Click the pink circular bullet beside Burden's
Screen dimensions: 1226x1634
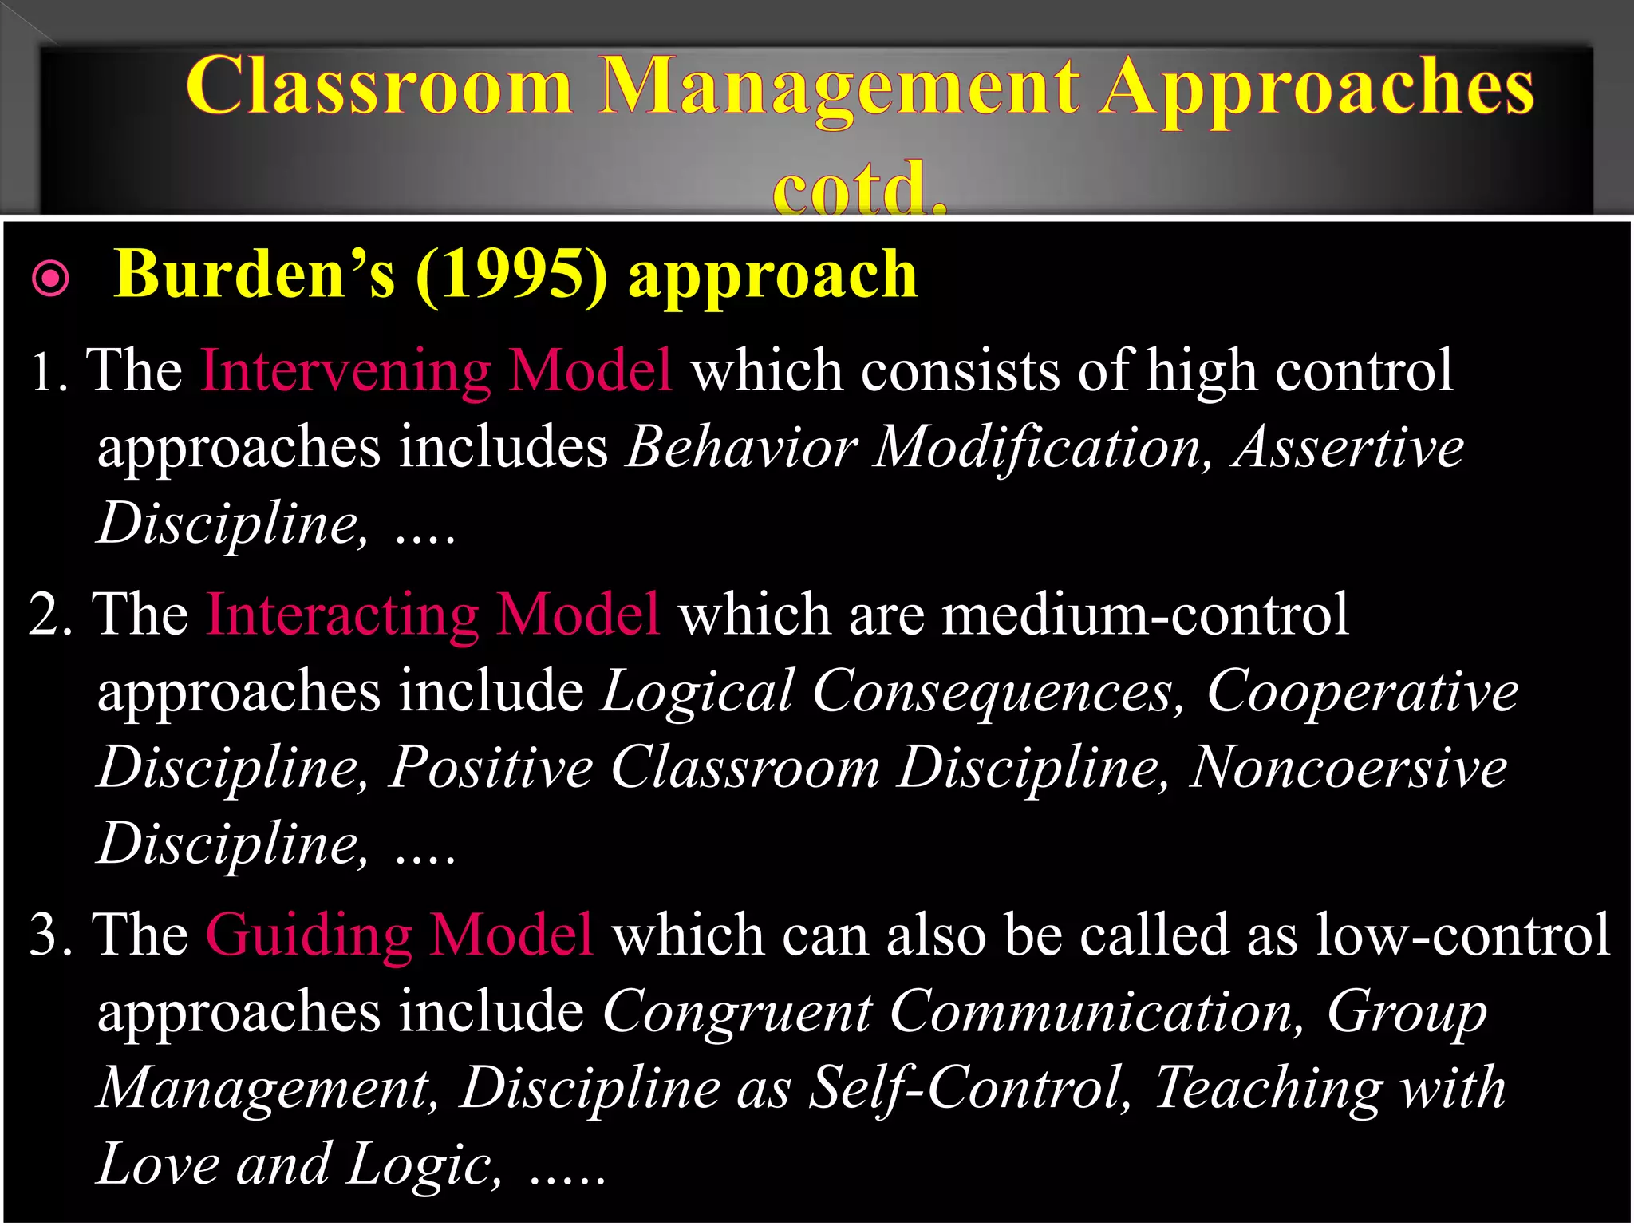[x=51, y=279]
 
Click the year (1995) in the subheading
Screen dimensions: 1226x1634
[x=511, y=275]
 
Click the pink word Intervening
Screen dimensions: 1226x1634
[x=345, y=370]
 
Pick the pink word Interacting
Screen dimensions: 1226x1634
[x=342, y=615]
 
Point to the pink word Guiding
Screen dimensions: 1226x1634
[x=310, y=935]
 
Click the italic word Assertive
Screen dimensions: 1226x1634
[x=1348, y=447]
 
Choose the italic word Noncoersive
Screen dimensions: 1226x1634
[x=1348, y=768]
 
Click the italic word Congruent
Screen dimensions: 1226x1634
[x=737, y=1012]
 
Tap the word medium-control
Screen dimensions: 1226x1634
[x=1145, y=615]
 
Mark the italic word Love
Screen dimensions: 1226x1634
[x=158, y=1165]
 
